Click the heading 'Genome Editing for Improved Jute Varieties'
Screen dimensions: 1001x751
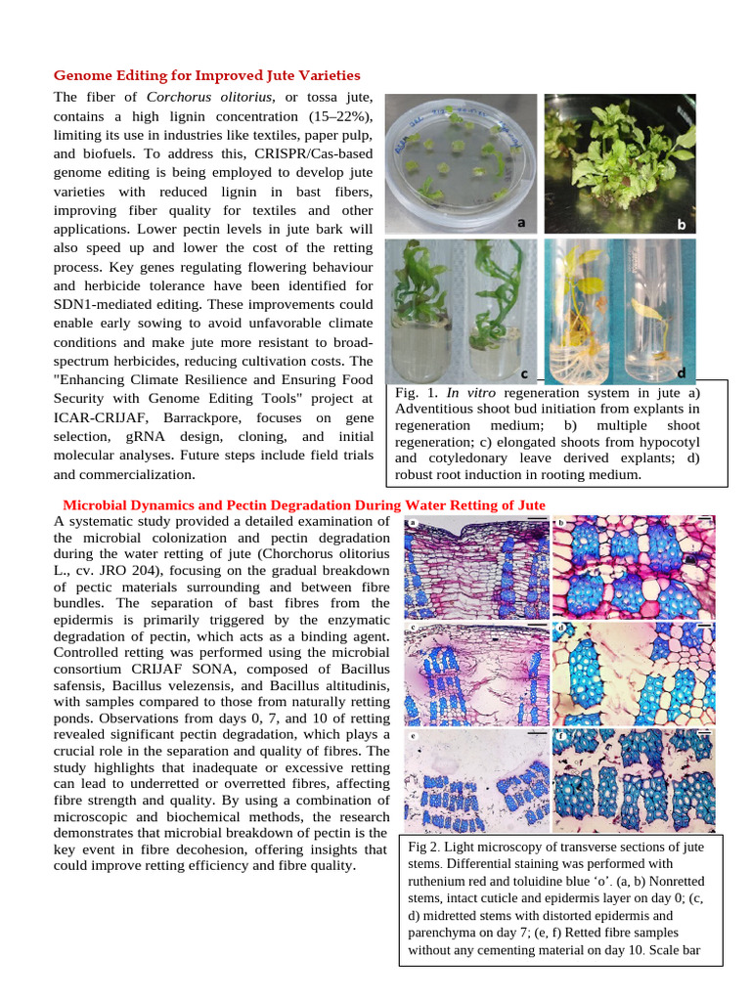pos(206,75)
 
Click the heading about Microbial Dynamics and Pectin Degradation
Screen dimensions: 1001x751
pos(303,504)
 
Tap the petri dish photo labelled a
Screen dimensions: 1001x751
pos(461,164)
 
